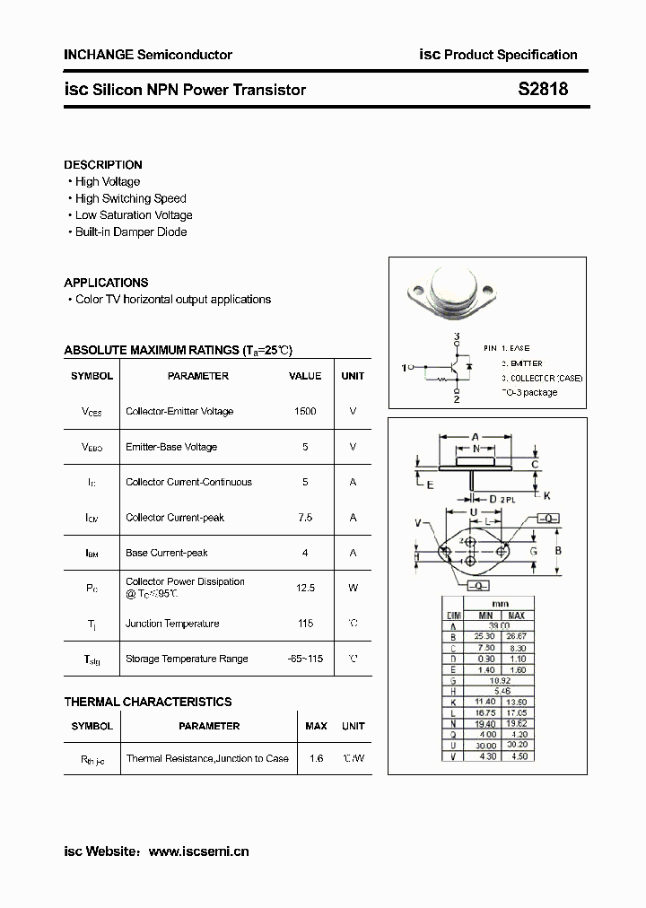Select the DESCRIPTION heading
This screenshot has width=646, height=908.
(103, 165)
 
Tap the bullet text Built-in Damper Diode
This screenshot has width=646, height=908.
(131, 231)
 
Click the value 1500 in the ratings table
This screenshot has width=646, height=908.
(305, 411)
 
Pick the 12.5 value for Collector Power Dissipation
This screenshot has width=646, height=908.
(305, 588)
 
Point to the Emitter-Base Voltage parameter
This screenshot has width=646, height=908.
(171, 447)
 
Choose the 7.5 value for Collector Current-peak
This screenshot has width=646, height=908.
(305, 518)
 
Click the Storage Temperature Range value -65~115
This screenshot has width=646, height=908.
(305, 659)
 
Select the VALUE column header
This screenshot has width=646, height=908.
(305, 376)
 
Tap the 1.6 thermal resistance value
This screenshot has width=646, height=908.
(315, 758)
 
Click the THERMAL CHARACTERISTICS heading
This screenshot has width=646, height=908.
(148, 702)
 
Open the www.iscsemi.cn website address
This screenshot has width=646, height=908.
(198, 850)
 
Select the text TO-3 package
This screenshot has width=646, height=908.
(528, 392)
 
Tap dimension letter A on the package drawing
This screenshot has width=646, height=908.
(475, 437)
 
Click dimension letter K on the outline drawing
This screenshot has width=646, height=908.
(546, 495)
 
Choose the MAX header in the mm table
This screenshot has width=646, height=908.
(517, 616)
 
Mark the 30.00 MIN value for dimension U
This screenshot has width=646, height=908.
(485, 745)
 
